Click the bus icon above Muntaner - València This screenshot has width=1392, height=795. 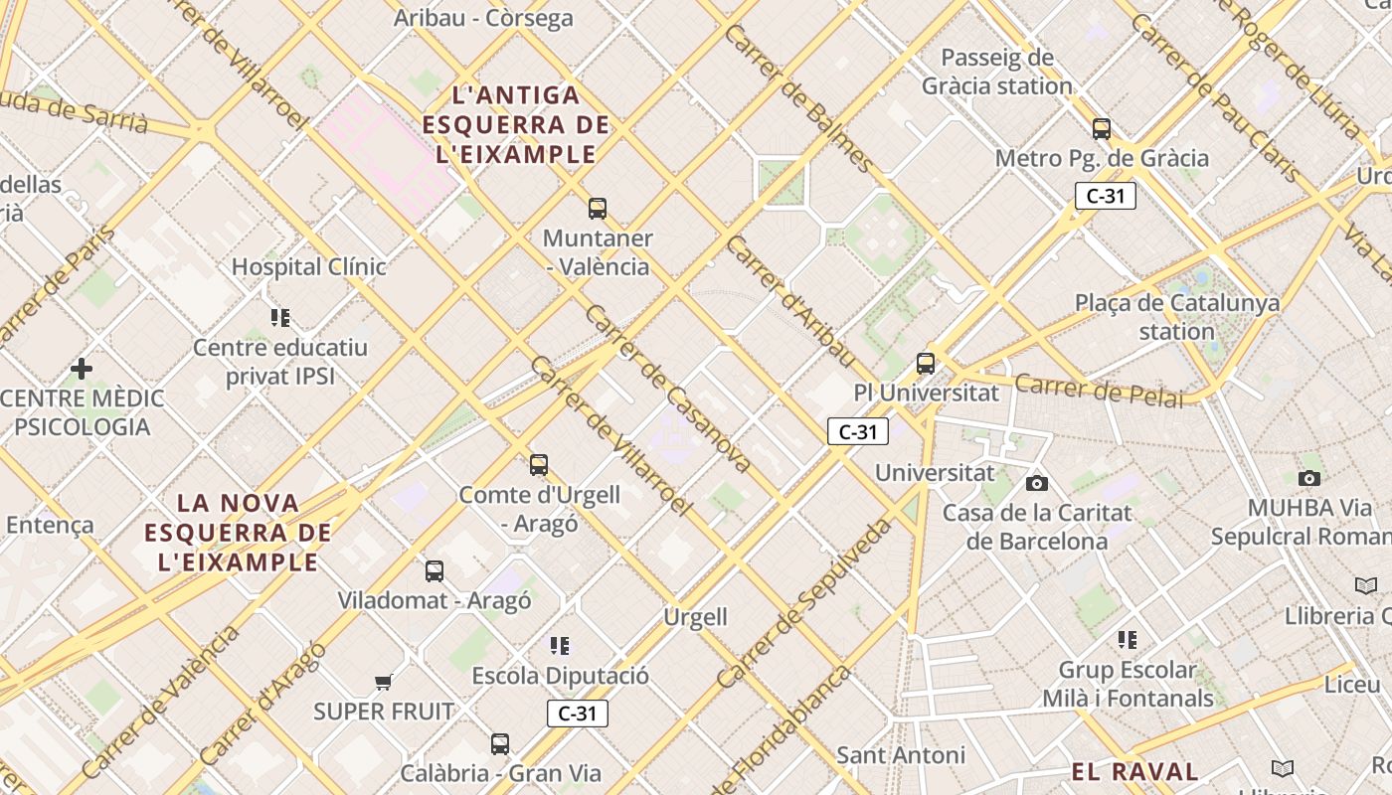[597, 209]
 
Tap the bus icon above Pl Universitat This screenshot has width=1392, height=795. [926, 364]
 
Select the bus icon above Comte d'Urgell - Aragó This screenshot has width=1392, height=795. [539, 464]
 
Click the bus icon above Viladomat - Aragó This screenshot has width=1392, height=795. [435, 571]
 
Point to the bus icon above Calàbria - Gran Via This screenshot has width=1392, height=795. [500, 743]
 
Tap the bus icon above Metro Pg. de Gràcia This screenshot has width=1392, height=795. [1101, 129]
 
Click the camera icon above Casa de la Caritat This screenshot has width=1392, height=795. [1037, 483]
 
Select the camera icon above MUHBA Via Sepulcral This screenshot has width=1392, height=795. [1309, 478]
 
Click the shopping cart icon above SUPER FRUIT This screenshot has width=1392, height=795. [384, 682]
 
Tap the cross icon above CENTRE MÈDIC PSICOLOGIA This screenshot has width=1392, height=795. [82, 369]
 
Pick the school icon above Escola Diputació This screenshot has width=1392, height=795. [560, 646]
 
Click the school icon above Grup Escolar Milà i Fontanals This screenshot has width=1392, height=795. [1127, 639]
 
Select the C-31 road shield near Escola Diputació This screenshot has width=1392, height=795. [577, 713]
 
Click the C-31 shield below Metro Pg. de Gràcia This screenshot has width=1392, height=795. [1105, 196]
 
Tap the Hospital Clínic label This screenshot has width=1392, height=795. [308, 267]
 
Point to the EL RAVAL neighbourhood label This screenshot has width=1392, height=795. [1134, 771]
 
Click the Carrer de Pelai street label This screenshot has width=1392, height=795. [1099, 391]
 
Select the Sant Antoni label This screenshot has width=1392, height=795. [900, 755]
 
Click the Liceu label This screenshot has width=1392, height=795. [1352, 685]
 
